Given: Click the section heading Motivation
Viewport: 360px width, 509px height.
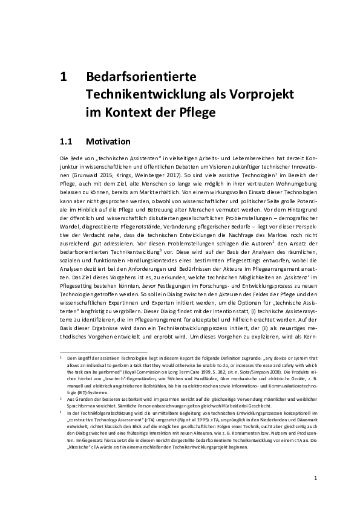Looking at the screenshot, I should (x=109, y=142).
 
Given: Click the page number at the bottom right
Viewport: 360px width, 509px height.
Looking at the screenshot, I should (x=315, y=478).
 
